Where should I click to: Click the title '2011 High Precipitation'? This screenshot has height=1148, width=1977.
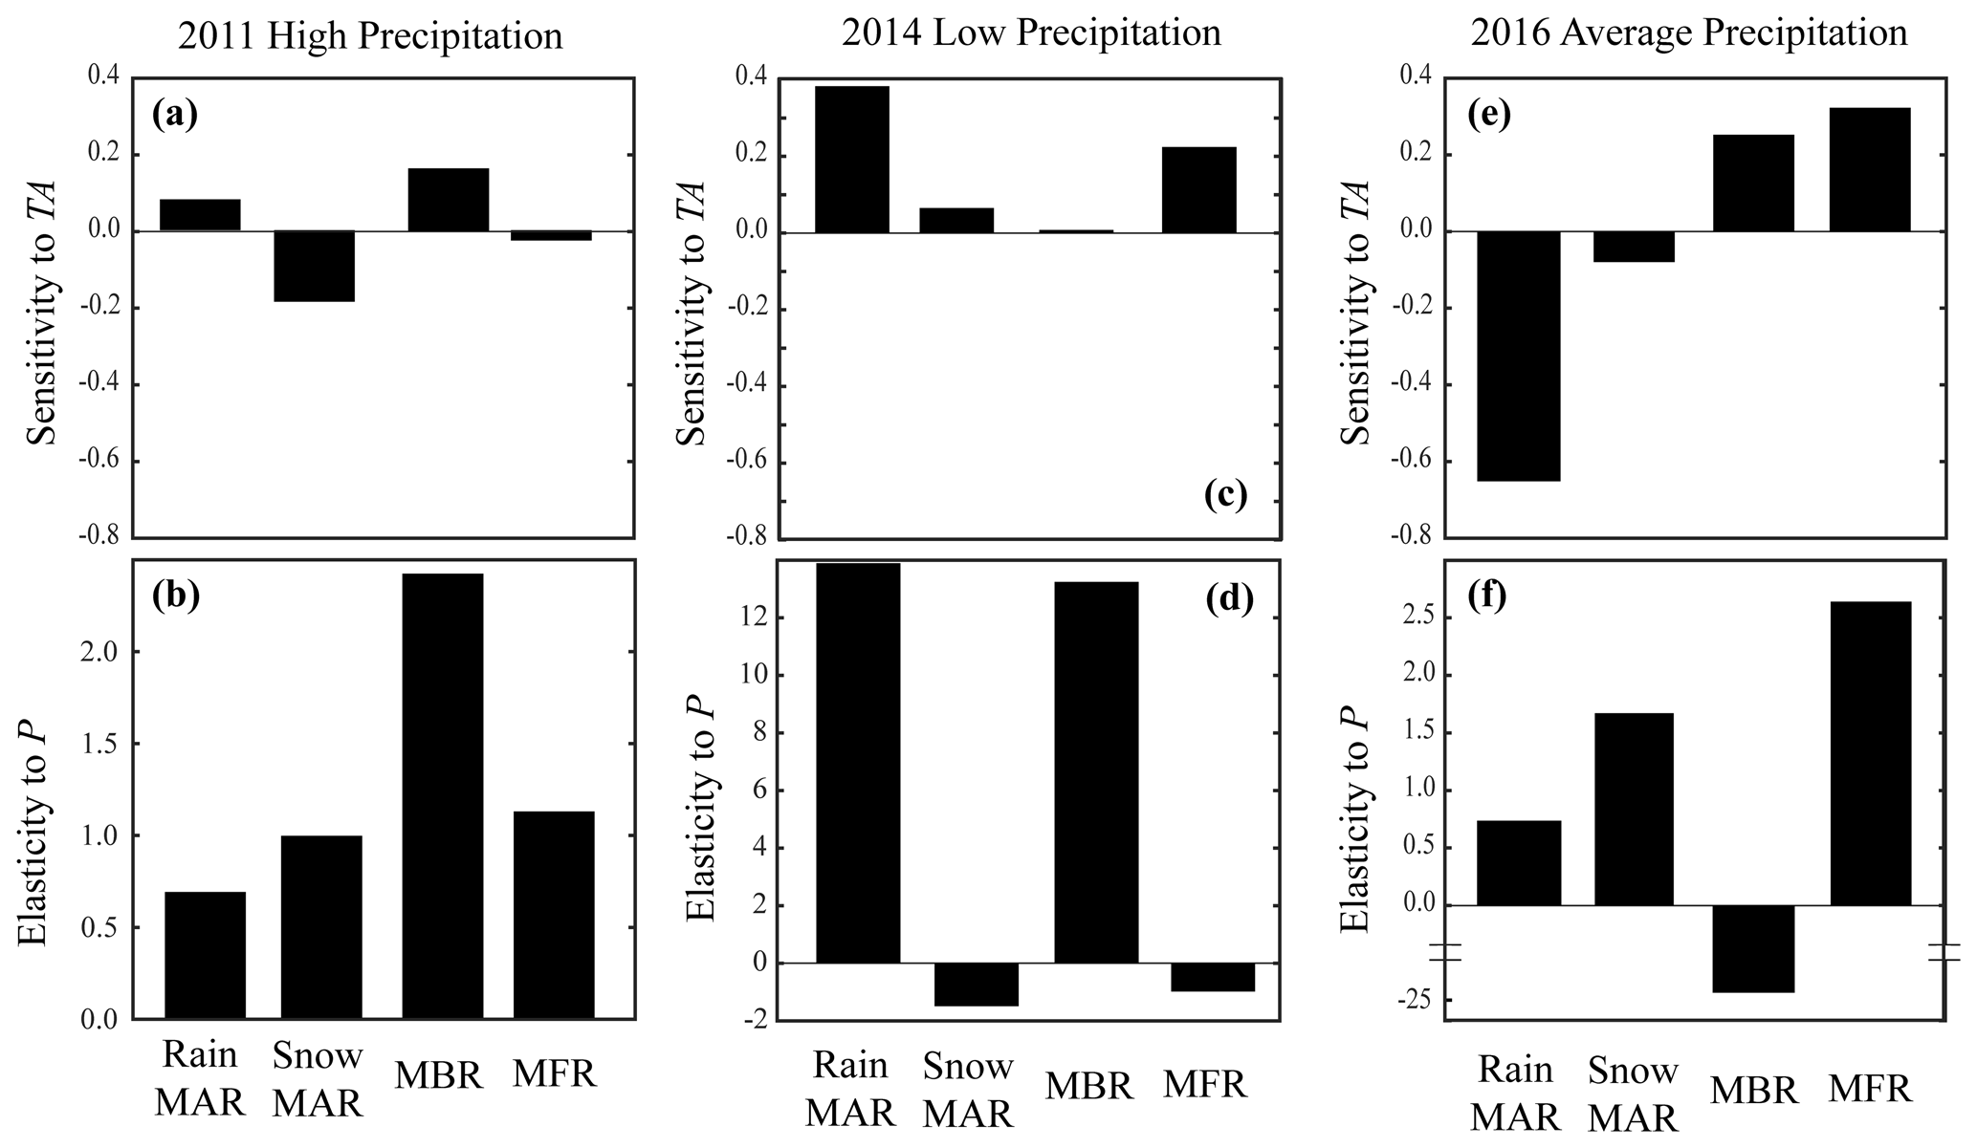click(370, 36)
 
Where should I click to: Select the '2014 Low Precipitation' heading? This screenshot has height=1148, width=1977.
click(1031, 33)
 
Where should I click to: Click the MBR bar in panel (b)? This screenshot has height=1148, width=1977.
click(443, 795)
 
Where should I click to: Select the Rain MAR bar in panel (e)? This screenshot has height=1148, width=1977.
click(1519, 356)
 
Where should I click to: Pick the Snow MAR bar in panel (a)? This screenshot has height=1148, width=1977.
click(316, 266)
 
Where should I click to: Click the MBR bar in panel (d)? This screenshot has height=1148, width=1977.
click(1096, 771)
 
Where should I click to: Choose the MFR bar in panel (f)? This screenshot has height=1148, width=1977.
click(1870, 753)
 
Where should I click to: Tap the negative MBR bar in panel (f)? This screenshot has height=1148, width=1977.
click(1753, 948)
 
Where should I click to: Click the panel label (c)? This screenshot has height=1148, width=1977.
click(1225, 495)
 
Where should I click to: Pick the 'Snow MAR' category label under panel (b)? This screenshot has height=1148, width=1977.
click(318, 1079)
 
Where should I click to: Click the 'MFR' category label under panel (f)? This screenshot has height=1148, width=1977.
click(1870, 1089)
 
